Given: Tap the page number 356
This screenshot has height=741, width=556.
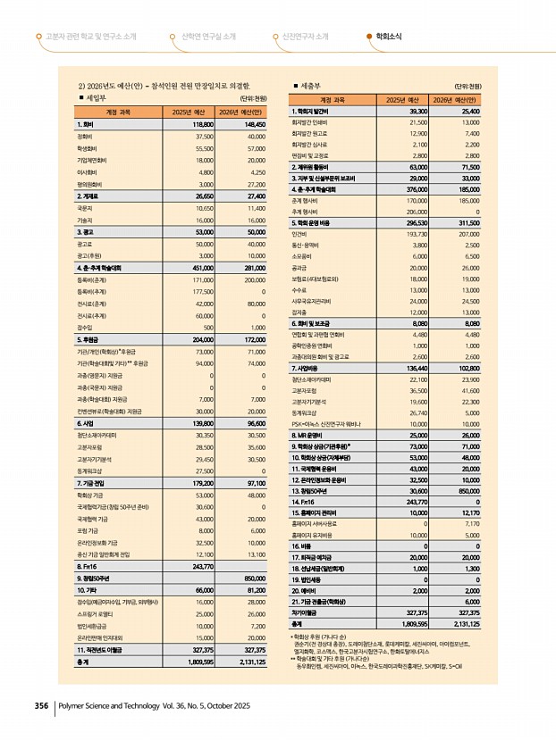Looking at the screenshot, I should click(x=41, y=705).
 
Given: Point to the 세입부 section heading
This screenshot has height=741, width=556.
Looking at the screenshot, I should click(x=96, y=98).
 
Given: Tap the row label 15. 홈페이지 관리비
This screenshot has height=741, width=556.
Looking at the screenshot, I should click(x=319, y=513).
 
